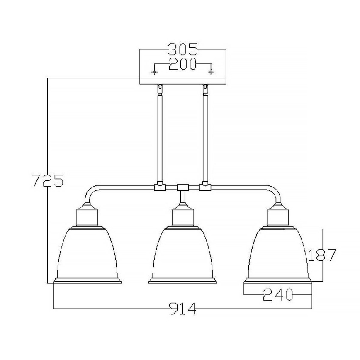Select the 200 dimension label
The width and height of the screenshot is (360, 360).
coord(182,65)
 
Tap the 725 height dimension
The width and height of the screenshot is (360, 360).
coord(47,181)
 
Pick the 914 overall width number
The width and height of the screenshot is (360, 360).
coord(182,309)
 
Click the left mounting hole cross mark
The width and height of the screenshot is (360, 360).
coord(154,73)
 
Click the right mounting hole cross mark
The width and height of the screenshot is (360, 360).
coord(211,73)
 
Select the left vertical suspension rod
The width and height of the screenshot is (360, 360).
coord(159,137)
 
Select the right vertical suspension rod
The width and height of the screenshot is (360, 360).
coord(205,137)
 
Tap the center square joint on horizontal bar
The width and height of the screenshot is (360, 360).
coord(182,187)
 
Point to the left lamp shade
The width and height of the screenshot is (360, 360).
coord(88,253)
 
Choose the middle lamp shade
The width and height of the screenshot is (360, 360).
coord(182,253)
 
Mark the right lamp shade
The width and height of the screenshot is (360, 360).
coord(277,253)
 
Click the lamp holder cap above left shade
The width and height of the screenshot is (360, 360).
coord(88,216)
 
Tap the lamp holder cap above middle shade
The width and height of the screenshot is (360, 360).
coord(182,216)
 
